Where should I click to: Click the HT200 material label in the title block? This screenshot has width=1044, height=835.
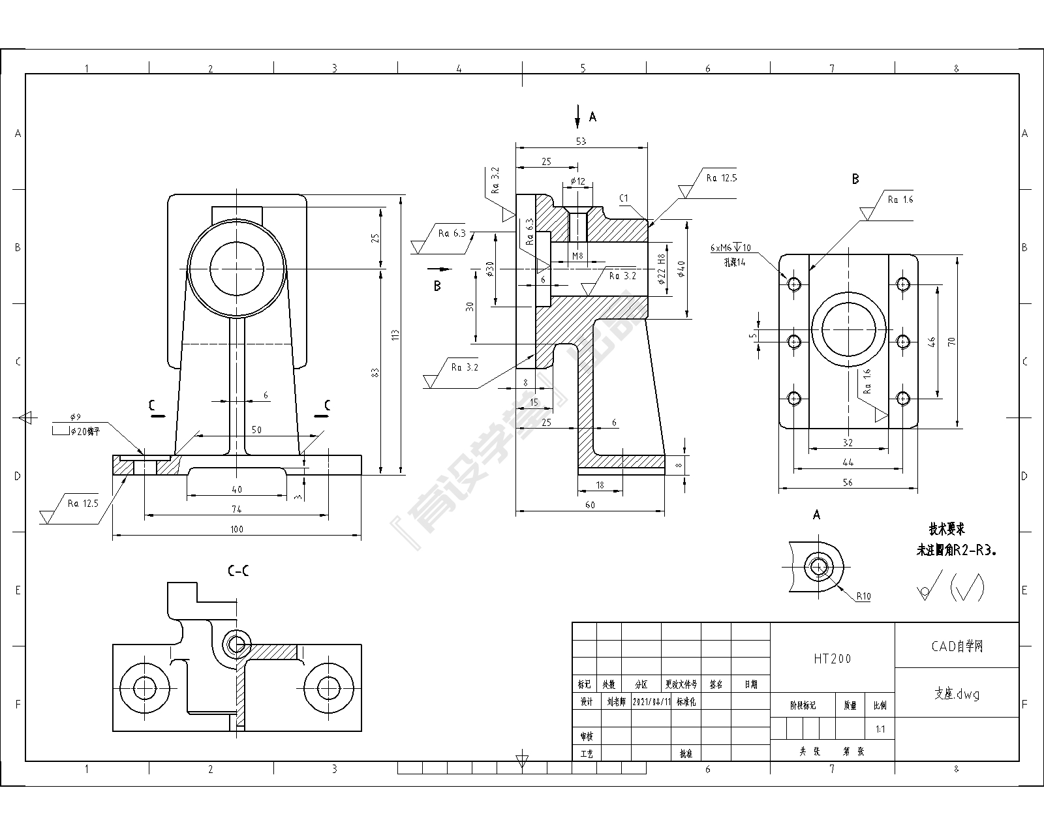click(832, 659)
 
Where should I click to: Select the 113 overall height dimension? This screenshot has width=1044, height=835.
click(395, 335)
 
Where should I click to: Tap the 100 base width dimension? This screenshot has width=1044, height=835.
click(236, 529)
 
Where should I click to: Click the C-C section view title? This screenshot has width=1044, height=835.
click(238, 571)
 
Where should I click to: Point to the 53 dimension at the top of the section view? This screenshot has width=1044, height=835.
click(581, 141)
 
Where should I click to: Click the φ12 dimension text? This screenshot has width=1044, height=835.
click(577, 181)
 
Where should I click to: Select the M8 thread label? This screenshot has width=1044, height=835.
click(577, 256)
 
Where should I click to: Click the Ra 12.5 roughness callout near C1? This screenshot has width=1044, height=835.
click(721, 177)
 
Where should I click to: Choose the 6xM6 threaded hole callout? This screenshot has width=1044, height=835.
click(730, 248)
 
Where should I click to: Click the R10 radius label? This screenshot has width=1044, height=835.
click(863, 596)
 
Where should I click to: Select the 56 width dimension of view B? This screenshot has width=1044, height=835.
click(848, 483)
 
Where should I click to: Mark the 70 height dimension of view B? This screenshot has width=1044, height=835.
click(952, 341)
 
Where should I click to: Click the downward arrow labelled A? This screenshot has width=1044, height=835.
click(577, 117)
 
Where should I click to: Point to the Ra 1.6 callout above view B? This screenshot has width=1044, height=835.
click(900, 200)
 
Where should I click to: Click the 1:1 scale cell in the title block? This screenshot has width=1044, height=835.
click(880, 729)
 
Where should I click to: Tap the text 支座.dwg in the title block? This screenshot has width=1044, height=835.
click(956, 694)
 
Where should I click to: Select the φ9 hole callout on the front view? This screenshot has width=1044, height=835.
click(76, 417)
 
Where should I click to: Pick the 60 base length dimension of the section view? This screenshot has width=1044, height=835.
click(589, 505)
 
